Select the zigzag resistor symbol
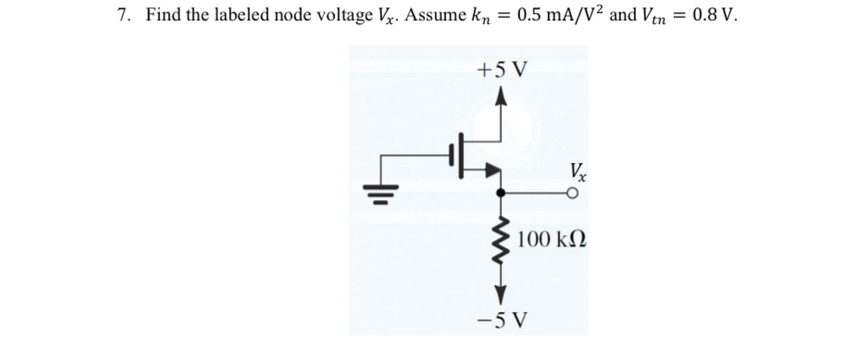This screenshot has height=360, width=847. (x=501, y=242)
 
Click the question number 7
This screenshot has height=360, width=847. (x=122, y=17)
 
